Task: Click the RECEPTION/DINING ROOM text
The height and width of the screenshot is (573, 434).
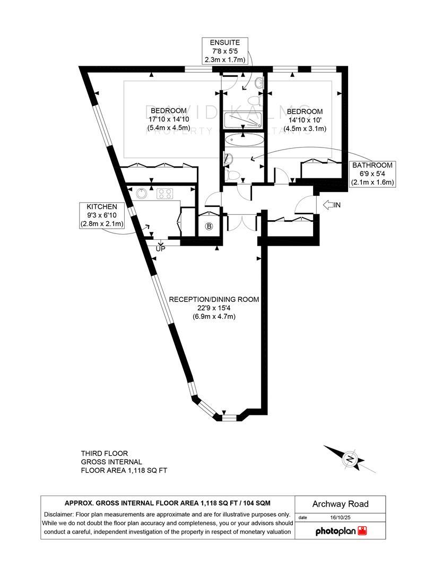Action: click(214, 299)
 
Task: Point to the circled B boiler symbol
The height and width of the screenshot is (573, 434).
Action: click(209, 227)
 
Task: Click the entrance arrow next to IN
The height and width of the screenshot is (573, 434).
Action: click(327, 204)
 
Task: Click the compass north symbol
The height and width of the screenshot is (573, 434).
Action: click(350, 459)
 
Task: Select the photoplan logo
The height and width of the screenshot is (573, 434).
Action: click(341, 531)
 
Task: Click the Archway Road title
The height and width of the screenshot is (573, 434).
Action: click(340, 504)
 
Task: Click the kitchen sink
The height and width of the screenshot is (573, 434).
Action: click(141, 194)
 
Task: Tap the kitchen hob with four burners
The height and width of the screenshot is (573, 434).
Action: click(166, 194)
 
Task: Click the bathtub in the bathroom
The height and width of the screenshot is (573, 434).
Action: click(243, 141)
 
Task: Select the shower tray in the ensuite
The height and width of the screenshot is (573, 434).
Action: click(243, 120)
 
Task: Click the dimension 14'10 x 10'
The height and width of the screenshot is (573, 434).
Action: click(305, 120)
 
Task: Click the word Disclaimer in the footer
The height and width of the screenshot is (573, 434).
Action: click(59, 514)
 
